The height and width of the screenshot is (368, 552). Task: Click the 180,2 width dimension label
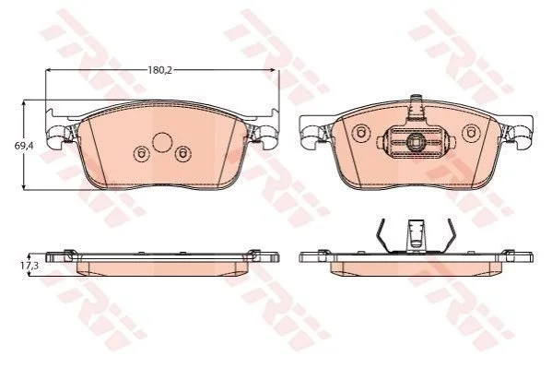[x=159, y=70]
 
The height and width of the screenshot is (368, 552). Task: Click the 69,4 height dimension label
[x=24, y=145]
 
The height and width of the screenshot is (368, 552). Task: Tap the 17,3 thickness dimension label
[x=29, y=266]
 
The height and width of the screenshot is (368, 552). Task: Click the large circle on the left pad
[x=162, y=142]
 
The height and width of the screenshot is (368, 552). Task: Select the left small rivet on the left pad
[x=141, y=154]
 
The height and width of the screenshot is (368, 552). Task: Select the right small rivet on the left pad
[x=182, y=154]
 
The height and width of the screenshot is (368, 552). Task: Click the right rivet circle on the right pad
[x=471, y=133]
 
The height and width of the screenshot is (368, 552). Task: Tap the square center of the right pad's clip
[x=415, y=142]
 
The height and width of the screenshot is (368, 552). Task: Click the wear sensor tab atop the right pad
[x=417, y=107]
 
